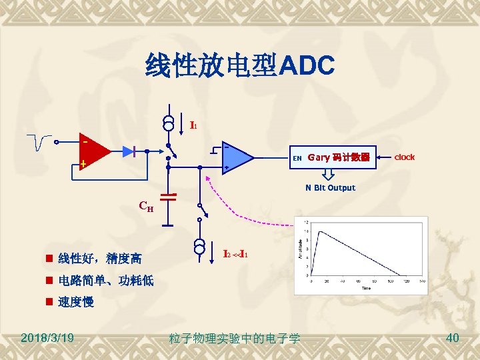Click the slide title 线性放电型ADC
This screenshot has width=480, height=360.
239,66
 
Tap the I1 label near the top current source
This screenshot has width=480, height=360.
193,125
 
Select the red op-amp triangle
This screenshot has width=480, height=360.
93,153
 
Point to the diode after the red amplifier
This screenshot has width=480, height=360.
137,152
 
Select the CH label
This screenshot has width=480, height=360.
146,206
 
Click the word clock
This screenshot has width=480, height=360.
404,157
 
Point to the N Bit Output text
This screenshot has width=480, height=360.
330,188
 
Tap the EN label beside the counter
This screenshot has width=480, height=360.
297,159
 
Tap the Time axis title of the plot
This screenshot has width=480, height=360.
366,288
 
